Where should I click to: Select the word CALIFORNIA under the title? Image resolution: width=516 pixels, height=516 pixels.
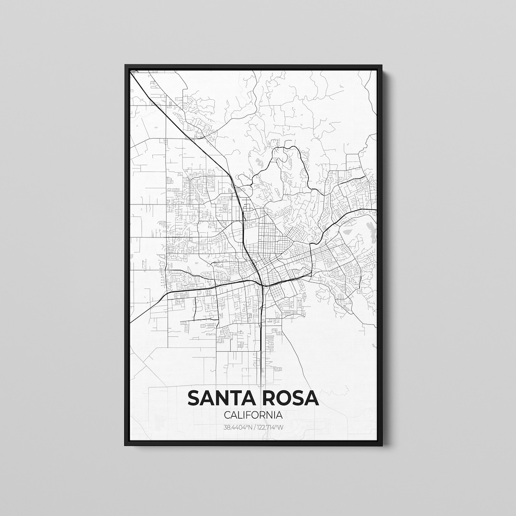(x=253, y=416)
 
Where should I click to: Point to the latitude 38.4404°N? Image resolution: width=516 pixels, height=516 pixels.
(x=237, y=427)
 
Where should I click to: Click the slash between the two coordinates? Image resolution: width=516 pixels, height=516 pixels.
(x=253, y=427)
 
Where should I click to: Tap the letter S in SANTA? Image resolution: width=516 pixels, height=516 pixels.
(x=194, y=398)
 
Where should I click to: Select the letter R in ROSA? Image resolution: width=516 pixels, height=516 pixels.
(x=265, y=398)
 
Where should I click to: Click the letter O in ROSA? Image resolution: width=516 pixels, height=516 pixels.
(x=280, y=398)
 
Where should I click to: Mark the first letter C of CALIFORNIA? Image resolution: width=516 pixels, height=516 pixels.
(x=227, y=416)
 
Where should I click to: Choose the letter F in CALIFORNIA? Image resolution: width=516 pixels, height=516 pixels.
(x=250, y=416)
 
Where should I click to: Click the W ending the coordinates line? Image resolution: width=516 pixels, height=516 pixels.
(x=281, y=427)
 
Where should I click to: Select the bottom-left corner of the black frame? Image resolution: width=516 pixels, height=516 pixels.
(x=126, y=445)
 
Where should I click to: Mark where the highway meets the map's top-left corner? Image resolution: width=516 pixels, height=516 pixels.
(x=132, y=73)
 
